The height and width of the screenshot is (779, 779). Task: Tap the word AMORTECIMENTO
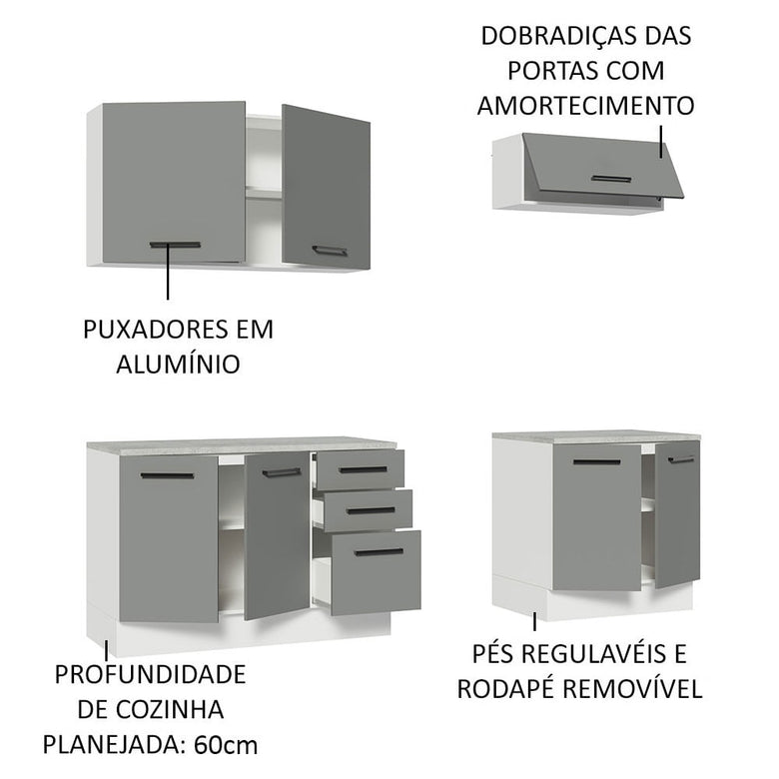pyautogui.click(x=585, y=106)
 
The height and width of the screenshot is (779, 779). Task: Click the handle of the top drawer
pyautogui.click(x=362, y=468)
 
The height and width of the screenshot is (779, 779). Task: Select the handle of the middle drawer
pyautogui.click(x=370, y=509)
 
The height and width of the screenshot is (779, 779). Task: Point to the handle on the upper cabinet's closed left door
pyautogui.click(x=175, y=245)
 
